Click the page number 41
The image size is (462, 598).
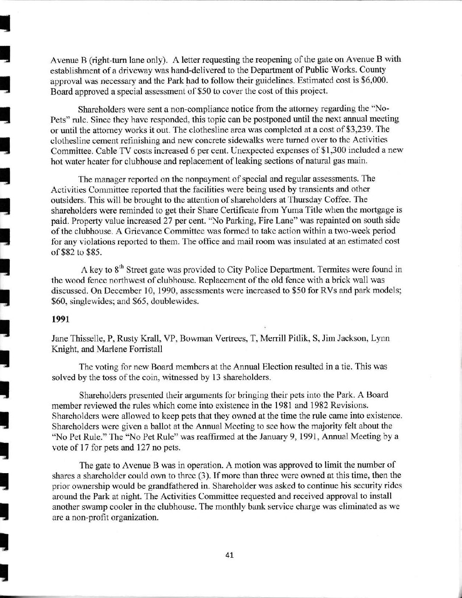click(231, 555)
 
